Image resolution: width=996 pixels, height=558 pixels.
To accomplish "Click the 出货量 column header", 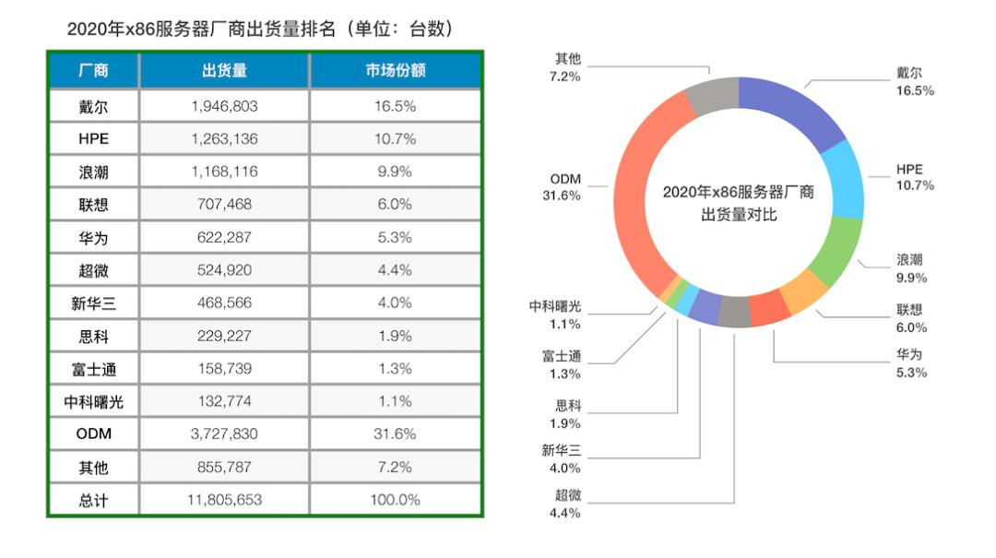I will (x=224, y=71).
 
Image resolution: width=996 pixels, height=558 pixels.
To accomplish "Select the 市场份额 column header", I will (x=395, y=71).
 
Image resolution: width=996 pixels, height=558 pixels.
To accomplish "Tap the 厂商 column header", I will (x=93, y=71).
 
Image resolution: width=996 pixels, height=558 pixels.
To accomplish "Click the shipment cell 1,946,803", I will (x=224, y=106).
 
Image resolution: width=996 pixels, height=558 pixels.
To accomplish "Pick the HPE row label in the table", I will (x=93, y=139).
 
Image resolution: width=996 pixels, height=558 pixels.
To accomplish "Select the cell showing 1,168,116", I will (x=224, y=172).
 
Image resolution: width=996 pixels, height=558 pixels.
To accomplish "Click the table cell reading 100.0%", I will (x=395, y=500).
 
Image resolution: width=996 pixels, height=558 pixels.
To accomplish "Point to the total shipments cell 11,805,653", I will (x=224, y=500).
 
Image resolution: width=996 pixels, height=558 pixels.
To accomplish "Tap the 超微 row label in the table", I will (x=93, y=270).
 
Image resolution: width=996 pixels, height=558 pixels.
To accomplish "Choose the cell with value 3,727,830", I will (x=224, y=433).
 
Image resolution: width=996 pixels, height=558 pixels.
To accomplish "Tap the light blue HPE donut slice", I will (x=843, y=184).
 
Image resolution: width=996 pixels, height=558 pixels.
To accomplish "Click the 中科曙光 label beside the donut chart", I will (x=556, y=306).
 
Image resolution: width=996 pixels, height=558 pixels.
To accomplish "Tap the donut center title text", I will (x=738, y=203).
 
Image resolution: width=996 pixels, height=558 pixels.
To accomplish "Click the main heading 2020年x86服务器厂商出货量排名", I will (x=260, y=29).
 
